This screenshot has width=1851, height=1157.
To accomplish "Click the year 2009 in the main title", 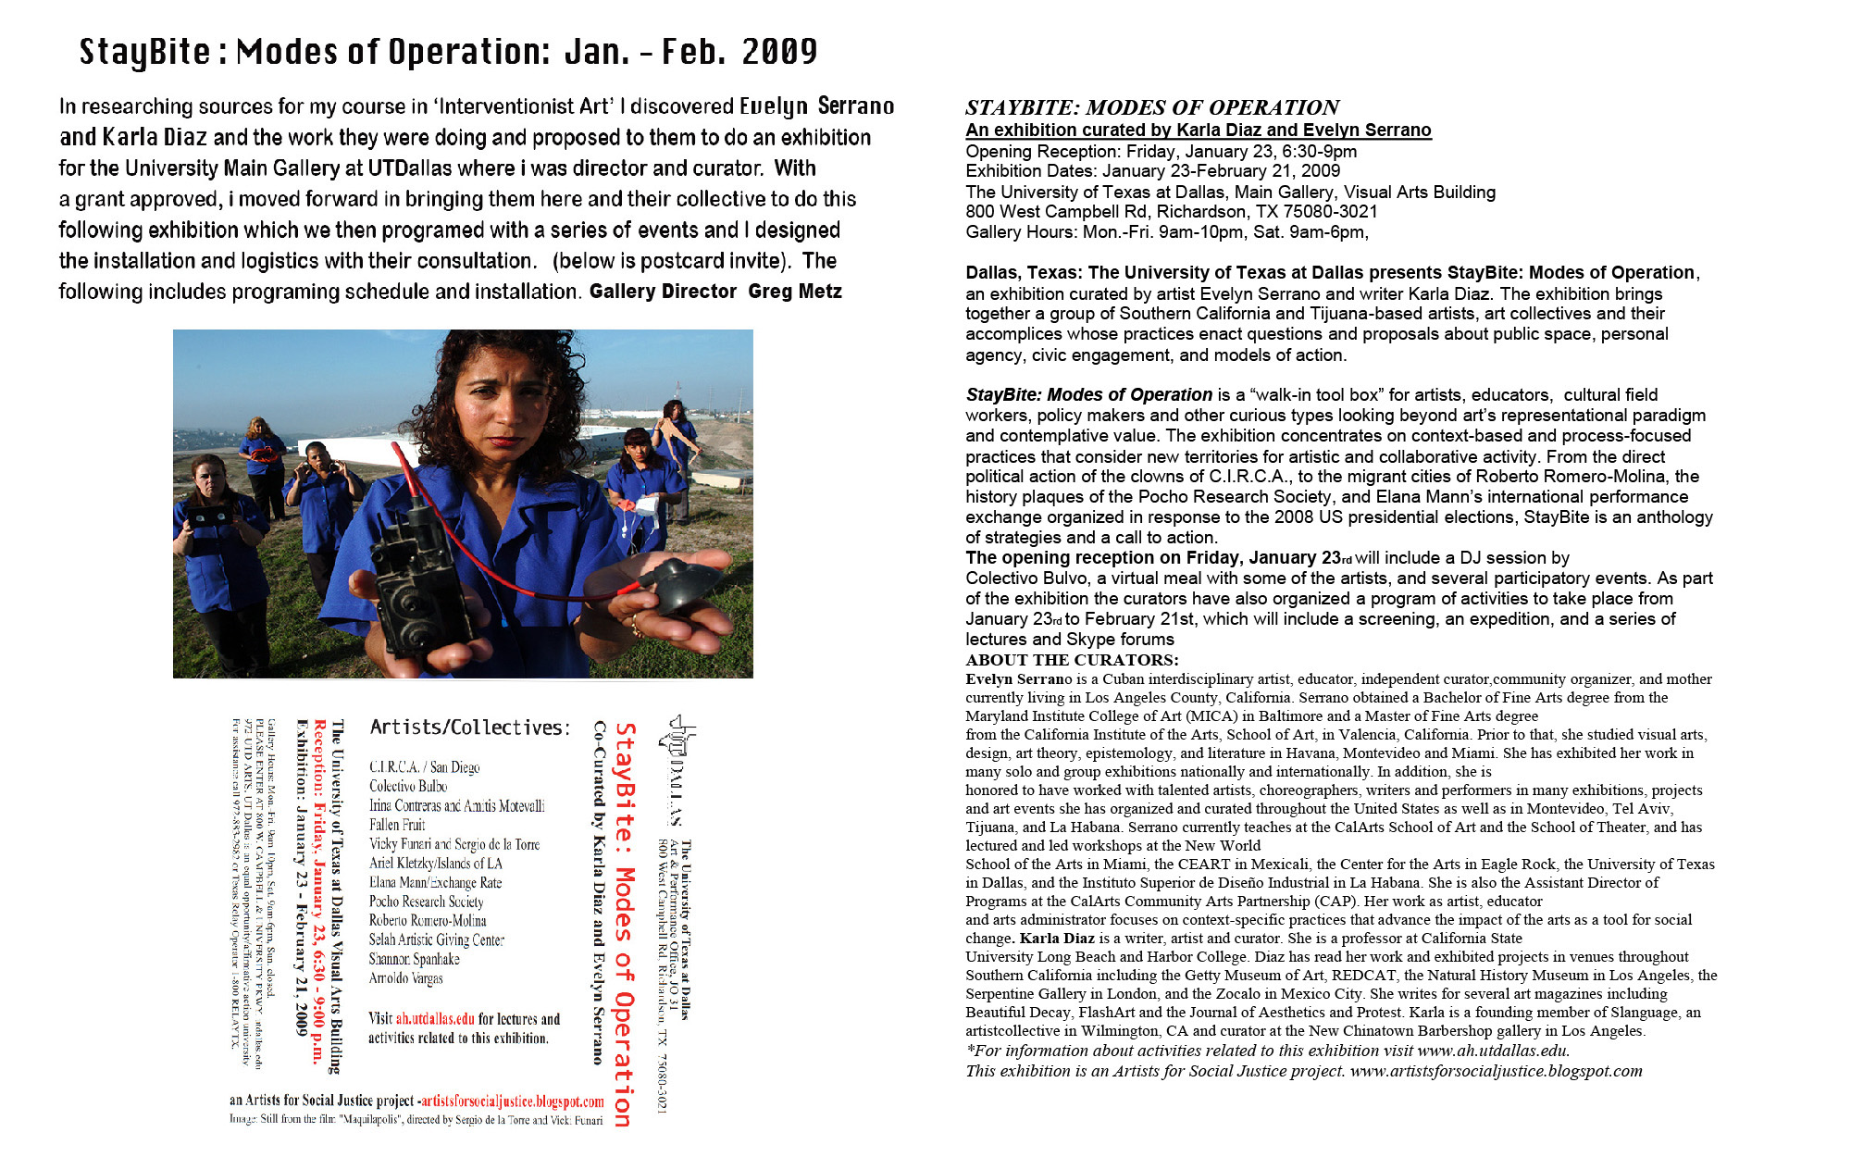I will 779,52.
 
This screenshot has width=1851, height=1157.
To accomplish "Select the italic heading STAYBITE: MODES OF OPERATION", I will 1152,107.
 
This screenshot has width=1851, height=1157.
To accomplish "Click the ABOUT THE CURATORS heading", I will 1072,660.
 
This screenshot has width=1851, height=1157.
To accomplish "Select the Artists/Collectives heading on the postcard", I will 470,728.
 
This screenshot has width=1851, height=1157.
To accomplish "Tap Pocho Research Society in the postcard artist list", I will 426,902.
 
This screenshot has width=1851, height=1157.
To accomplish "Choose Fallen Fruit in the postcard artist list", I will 397,825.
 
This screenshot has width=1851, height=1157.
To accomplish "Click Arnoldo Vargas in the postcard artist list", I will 405,978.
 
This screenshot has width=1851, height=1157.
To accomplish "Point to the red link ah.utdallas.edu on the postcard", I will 435,1019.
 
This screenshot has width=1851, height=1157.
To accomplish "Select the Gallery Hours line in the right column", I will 1166,232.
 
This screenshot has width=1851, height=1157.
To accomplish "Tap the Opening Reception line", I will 1161,152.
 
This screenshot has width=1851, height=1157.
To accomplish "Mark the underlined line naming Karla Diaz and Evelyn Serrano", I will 1198,131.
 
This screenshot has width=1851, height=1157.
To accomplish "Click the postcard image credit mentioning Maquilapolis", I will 416,1120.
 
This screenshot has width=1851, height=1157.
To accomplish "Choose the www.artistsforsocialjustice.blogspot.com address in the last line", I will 1496,1071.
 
